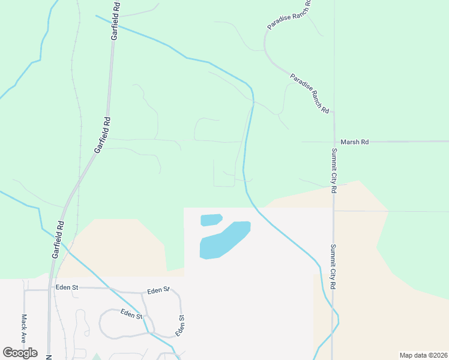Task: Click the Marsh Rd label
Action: click(354, 142)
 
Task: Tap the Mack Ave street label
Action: click(25, 328)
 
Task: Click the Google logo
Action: click(20, 353)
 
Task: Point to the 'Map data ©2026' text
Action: click(423, 355)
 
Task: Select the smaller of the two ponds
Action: click(211, 220)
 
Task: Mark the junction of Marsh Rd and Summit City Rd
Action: click(333, 142)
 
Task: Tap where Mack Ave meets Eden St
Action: click(25, 289)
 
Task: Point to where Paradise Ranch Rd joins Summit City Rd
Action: click(333, 118)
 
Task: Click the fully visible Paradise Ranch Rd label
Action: click(310, 94)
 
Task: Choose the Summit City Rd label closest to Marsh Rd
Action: click(334, 171)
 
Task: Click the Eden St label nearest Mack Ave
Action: click(67, 287)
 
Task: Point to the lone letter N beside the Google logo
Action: click(49, 356)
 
